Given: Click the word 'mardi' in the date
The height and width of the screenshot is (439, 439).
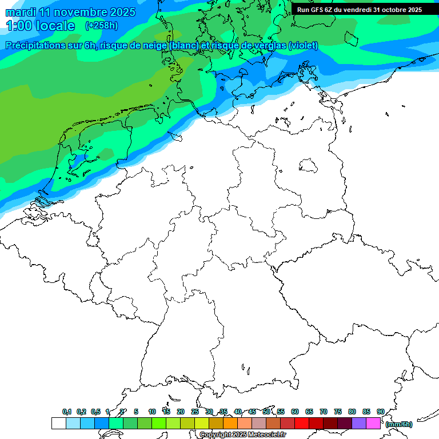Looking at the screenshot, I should click(x=20, y=12).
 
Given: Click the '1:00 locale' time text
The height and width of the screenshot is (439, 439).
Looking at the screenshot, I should click(x=40, y=26).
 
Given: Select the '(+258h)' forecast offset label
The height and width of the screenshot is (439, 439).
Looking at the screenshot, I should click(x=102, y=26).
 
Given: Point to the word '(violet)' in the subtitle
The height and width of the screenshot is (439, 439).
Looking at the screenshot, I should click(x=303, y=46).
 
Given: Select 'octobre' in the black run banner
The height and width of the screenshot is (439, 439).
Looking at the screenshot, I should click(x=393, y=10).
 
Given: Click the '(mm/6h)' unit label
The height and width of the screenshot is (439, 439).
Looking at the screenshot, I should click(x=398, y=424).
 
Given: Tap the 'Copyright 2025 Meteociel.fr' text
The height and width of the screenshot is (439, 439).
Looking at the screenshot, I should click(x=242, y=435).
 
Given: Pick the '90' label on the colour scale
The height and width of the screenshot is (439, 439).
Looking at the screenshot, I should click(x=380, y=412).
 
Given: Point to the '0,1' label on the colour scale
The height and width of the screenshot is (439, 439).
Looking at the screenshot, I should click(x=67, y=412).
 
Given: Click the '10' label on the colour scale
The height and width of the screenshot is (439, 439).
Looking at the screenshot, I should click(x=151, y=412).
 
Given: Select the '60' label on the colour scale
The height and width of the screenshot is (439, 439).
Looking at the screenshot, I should click(x=294, y=412).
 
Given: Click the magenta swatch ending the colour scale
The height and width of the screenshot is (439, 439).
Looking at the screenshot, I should click(x=373, y=423).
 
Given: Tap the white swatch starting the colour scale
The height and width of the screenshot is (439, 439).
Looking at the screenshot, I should click(x=58, y=423).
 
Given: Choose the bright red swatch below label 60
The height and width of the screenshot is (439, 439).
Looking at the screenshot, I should click(x=301, y=423).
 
